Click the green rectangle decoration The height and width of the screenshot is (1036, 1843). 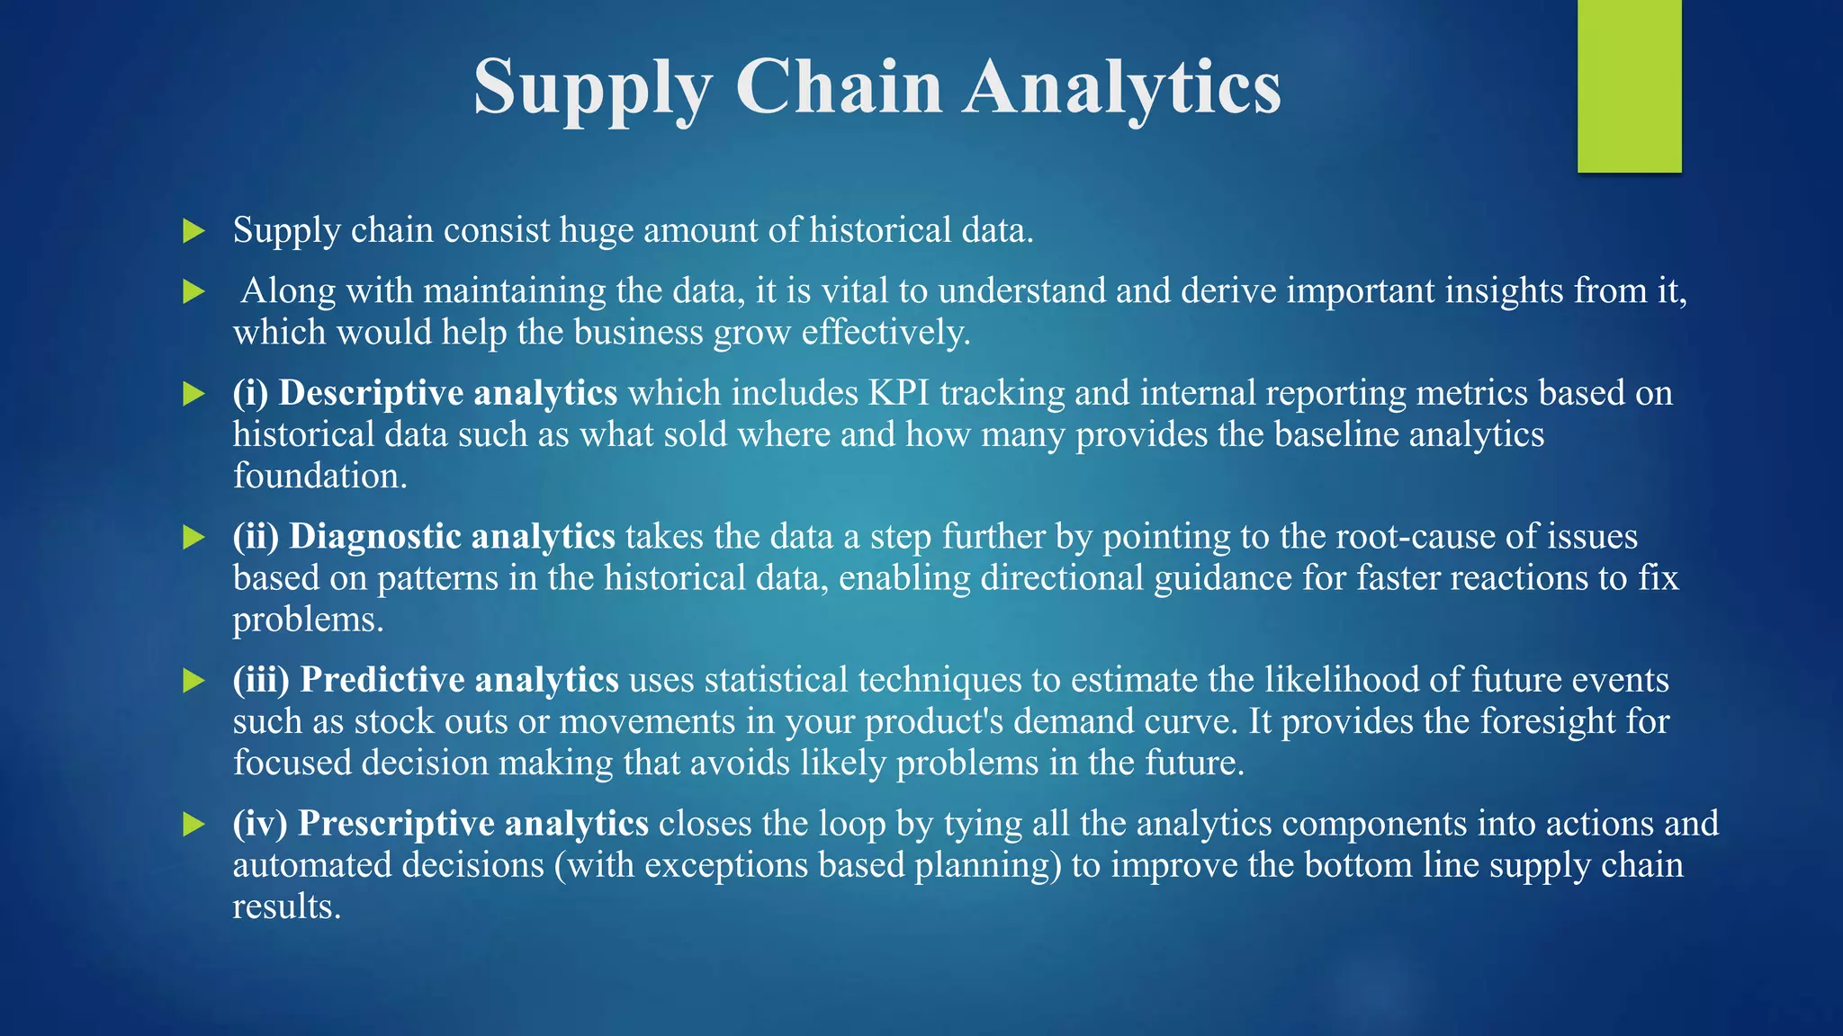coord(1629,85)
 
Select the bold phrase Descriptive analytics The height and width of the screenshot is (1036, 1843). coord(447,393)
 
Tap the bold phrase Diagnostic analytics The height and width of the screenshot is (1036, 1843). coord(452,536)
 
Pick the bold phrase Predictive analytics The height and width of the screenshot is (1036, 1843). coord(459,679)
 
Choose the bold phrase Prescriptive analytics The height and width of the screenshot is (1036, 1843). coord(472,823)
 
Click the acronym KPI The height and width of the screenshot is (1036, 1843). coord(898,393)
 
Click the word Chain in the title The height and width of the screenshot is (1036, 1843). coord(838,87)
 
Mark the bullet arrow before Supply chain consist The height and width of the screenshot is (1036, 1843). coord(193,231)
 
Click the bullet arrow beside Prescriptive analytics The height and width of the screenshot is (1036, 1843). coord(193,824)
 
